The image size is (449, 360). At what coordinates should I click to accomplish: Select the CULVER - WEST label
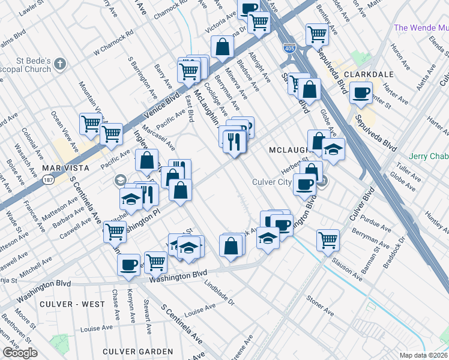72,304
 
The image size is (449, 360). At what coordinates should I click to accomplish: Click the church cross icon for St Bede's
60,64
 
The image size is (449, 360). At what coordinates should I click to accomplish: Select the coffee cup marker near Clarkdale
361,94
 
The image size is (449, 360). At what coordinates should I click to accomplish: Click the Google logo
20,353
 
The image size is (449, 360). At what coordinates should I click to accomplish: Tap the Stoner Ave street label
320,305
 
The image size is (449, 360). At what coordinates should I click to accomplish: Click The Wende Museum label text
421,28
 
